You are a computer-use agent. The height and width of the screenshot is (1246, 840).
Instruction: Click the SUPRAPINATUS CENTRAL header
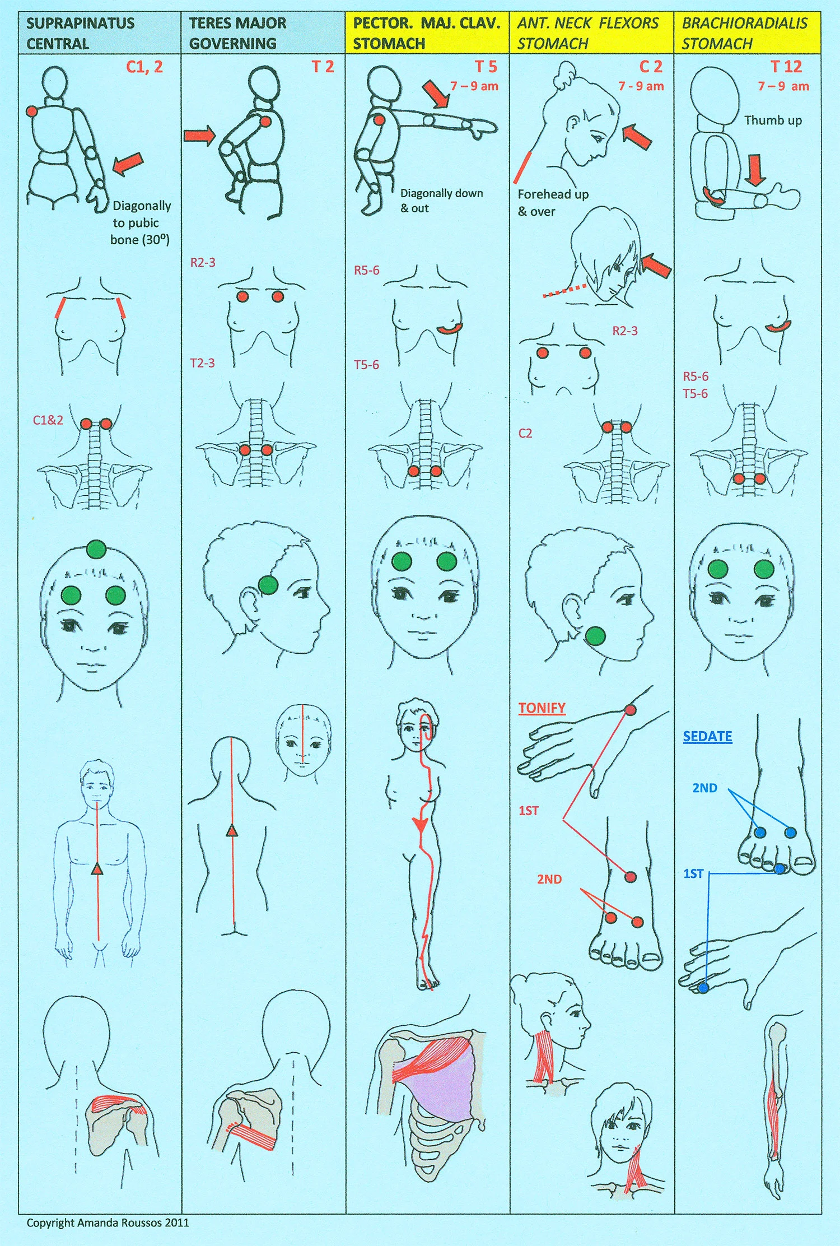click(80, 33)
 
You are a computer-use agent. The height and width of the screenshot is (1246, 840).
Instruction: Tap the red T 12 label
click(786, 67)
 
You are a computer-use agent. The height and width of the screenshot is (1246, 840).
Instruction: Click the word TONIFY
click(542, 708)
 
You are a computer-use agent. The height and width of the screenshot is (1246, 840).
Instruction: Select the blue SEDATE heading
click(707, 736)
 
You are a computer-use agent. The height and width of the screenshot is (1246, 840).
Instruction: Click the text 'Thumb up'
click(773, 120)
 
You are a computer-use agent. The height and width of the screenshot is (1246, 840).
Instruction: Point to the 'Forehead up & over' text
click(552, 202)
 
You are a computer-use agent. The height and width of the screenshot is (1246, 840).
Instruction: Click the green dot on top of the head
click(96, 550)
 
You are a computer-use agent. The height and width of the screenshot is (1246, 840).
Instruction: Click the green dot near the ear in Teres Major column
click(268, 585)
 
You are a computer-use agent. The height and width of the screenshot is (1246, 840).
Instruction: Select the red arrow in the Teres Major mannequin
click(199, 135)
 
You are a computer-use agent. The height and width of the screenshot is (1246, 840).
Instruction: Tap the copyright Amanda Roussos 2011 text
click(108, 1222)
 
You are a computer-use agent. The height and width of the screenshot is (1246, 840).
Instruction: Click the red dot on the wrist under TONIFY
click(630, 710)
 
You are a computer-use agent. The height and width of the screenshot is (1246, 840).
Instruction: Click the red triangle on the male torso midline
click(97, 870)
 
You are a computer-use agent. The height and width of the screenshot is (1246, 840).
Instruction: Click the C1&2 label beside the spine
click(48, 420)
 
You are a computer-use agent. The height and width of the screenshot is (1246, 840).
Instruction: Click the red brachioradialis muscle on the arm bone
click(776, 1115)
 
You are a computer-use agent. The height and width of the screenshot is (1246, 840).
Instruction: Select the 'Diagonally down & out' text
click(441, 201)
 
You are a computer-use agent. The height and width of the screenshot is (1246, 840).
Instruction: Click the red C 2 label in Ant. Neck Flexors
click(651, 67)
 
